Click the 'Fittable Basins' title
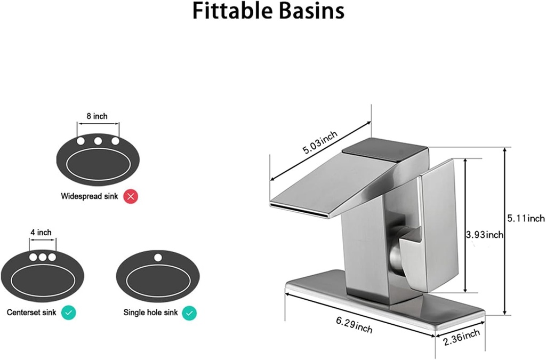(x=268, y=11)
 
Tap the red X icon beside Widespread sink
(x=131, y=196)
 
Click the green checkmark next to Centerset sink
(x=68, y=313)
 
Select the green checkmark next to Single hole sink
(x=189, y=313)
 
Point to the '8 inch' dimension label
(x=98, y=116)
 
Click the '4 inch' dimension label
(x=41, y=232)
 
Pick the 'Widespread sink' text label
(x=89, y=196)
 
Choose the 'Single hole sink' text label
(x=151, y=313)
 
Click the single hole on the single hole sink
(x=157, y=258)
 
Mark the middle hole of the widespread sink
(x=98, y=141)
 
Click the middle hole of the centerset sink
(x=42, y=257)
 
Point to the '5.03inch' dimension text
(x=320, y=142)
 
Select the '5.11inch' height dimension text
(x=526, y=218)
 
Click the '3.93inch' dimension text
(x=484, y=235)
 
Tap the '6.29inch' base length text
(x=354, y=325)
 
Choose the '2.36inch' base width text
(x=462, y=336)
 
